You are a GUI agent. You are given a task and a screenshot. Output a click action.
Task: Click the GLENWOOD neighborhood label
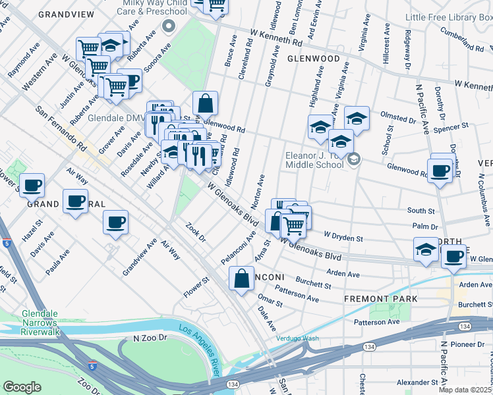pyautogui.click(x=313, y=59)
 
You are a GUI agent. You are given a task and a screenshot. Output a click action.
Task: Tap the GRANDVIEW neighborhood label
pyautogui.click(x=66, y=14)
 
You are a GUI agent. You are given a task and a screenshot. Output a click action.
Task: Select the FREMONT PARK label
pyautogui.click(x=381, y=299)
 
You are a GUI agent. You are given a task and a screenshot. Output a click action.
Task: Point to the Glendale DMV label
pyautogui.click(x=116, y=118)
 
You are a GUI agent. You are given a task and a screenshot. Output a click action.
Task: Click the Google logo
pyautogui.click(x=22, y=387)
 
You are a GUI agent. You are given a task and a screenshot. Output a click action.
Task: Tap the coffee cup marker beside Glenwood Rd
pyautogui.click(x=440, y=172)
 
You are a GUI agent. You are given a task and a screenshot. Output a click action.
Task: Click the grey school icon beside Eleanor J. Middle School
pyautogui.click(x=354, y=159)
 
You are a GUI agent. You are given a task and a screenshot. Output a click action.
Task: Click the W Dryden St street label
pyautogui.click(x=343, y=236)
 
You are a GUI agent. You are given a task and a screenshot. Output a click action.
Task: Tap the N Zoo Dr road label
pyautogui.click(x=148, y=338)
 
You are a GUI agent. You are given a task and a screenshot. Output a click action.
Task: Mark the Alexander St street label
pyautogui.click(x=414, y=382)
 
